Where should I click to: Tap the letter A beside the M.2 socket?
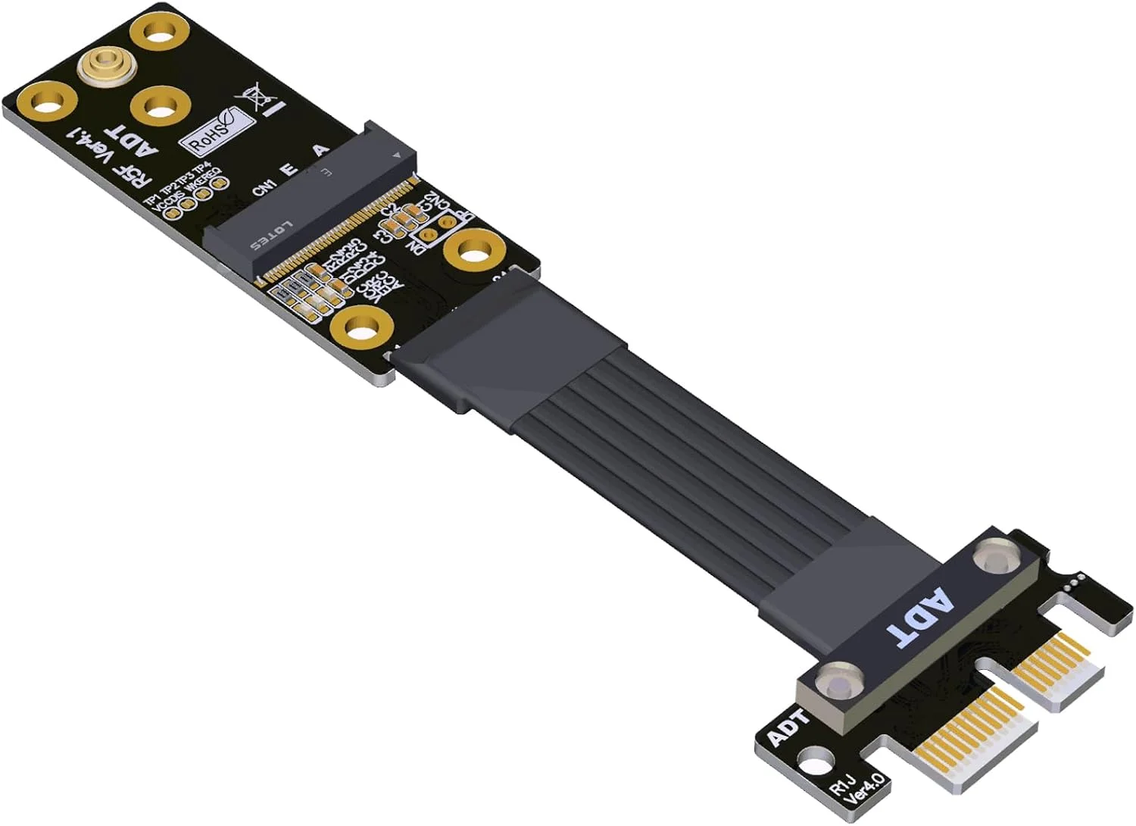pyautogui.click(x=322, y=150)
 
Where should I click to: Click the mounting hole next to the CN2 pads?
pyautogui.click(x=474, y=252)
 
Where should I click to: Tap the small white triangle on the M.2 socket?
pyautogui.click(x=395, y=155)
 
